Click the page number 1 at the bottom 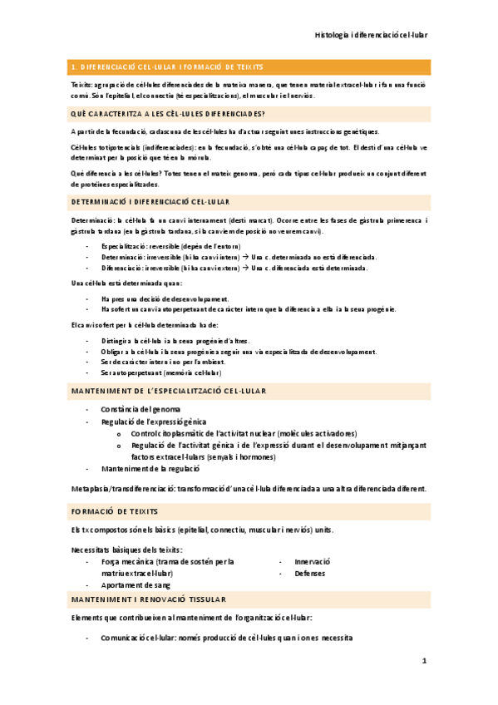[x=423, y=661]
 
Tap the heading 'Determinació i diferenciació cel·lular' [x=151, y=202]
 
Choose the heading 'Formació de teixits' [x=115, y=511]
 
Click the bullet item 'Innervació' [x=313, y=561]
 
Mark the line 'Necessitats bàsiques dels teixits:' [x=126, y=550]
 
